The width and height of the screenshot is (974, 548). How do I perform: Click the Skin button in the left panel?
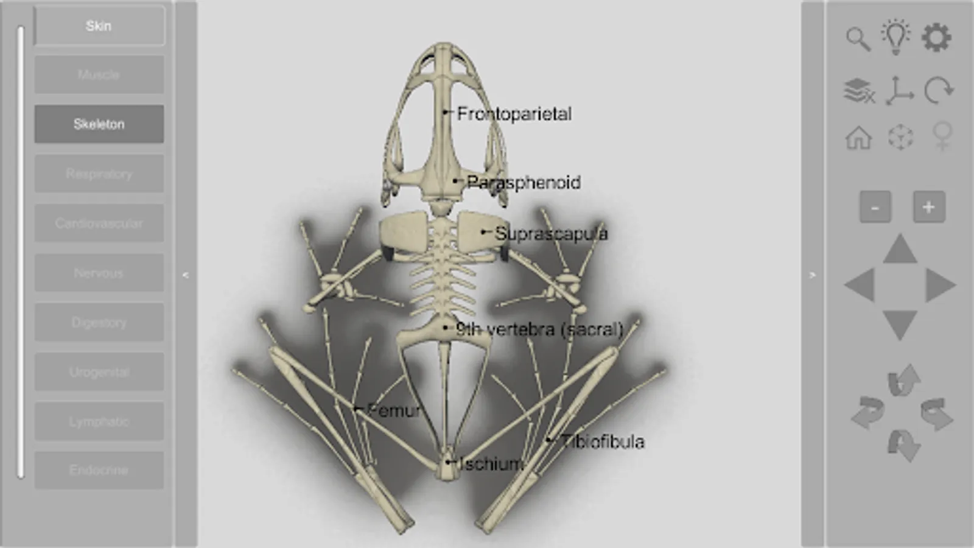(99, 26)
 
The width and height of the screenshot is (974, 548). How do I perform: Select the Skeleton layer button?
(99, 124)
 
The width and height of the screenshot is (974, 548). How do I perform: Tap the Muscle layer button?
(99, 75)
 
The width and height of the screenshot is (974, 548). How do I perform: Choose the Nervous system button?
(99, 273)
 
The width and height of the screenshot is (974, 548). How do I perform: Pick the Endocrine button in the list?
(99, 470)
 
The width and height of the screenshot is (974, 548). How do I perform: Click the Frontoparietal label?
(514, 114)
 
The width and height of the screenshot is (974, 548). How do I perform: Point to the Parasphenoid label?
(524, 182)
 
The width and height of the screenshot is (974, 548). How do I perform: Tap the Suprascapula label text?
(551, 233)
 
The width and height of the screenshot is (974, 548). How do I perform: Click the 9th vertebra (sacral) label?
(539, 329)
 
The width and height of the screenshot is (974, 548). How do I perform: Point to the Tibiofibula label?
(602, 441)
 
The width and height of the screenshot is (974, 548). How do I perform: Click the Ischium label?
(491, 464)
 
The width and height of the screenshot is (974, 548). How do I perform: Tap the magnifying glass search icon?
(858, 39)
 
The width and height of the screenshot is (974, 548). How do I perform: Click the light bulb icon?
(896, 37)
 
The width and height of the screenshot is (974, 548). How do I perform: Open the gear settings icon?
(936, 38)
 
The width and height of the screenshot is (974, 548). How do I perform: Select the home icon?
(858, 138)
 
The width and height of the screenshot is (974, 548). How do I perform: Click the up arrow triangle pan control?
(900, 250)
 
